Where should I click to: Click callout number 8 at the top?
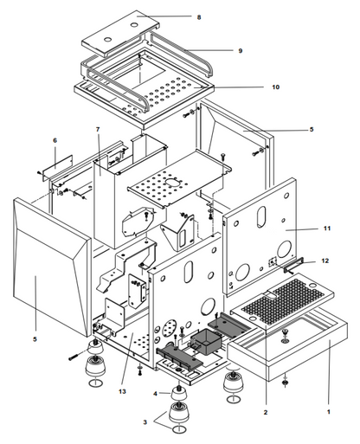tap(199, 17)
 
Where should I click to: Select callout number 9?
tap(241, 51)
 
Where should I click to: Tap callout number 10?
tap(276, 87)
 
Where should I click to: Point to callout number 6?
tap(55, 140)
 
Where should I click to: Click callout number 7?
tap(98, 130)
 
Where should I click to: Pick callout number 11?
tap(327, 228)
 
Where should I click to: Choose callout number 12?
tap(325, 261)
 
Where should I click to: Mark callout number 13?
tap(122, 391)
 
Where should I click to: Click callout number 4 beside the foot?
tap(155, 394)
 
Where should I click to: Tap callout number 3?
tap(145, 422)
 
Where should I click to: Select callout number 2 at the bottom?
tap(266, 413)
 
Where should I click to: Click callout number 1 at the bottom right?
tap(328, 412)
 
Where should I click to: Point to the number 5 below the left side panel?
tap(35, 339)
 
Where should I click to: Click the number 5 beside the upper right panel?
tap(312, 130)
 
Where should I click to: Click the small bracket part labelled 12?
tap(293, 266)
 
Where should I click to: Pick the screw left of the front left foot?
tap(74, 357)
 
